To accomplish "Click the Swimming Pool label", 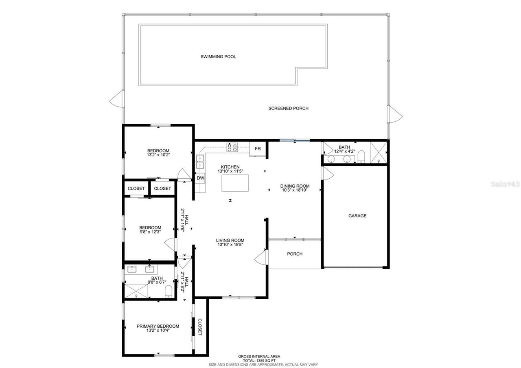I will pyautogui.click(x=218, y=57).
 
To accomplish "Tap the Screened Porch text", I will pyautogui.click(x=288, y=108).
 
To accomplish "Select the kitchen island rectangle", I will pyautogui.click(x=235, y=183).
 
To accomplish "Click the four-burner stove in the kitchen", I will pyautogui.click(x=232, y=147).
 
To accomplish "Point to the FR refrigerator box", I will pyautogui.click(x=258, y=149).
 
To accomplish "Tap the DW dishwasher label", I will pyautogui.click(x=200, y=178).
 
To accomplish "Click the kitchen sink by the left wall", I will pyautogui.click(x=200, y=162).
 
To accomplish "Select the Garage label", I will pyautogui.click(x=357, y=216).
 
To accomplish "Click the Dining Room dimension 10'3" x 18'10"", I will pyautogui.click(x=295, y=190).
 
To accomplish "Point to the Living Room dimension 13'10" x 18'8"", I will pyautogui.click(x=230, y=245).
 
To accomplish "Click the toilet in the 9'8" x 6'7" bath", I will pyautogui.click(x=169, y=291).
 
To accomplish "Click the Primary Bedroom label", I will pyautogui.click(x=158, y=326).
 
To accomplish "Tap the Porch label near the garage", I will pyautogui.click(x=295, y=254).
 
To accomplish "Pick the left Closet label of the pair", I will pyautogui.click(x=136, y=188).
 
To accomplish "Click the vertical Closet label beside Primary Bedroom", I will pyautogui.click(x=200, y=327).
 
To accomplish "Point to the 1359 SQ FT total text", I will pyautogui.click(x=259, y=360).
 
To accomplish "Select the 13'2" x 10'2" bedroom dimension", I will pyautogui.click(x=158, y=155).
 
